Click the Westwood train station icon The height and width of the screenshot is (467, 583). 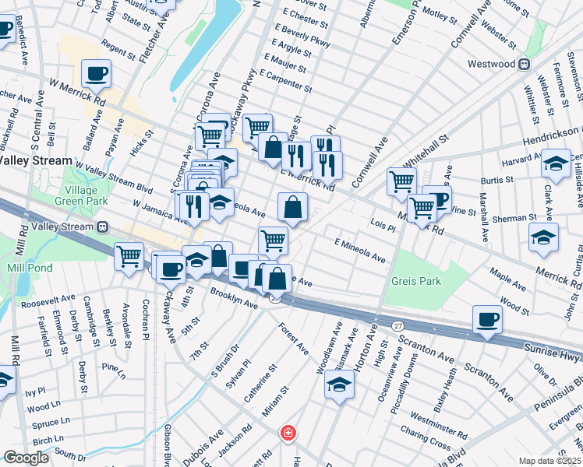[x=525, y=63]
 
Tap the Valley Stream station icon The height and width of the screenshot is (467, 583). [x=103, y=226]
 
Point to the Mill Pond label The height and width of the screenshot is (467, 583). [x=27, y=267]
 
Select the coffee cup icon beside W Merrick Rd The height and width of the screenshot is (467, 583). [x=96, y=74]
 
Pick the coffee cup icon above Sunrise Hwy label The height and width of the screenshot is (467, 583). [x=488, y=318]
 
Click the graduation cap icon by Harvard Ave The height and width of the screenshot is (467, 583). [x=556, y=163]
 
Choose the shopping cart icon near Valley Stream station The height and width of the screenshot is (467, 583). [x=129, y=256]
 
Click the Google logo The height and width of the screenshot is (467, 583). [x=26, y=458]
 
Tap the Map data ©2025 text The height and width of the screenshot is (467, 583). [x=550, y=461]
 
